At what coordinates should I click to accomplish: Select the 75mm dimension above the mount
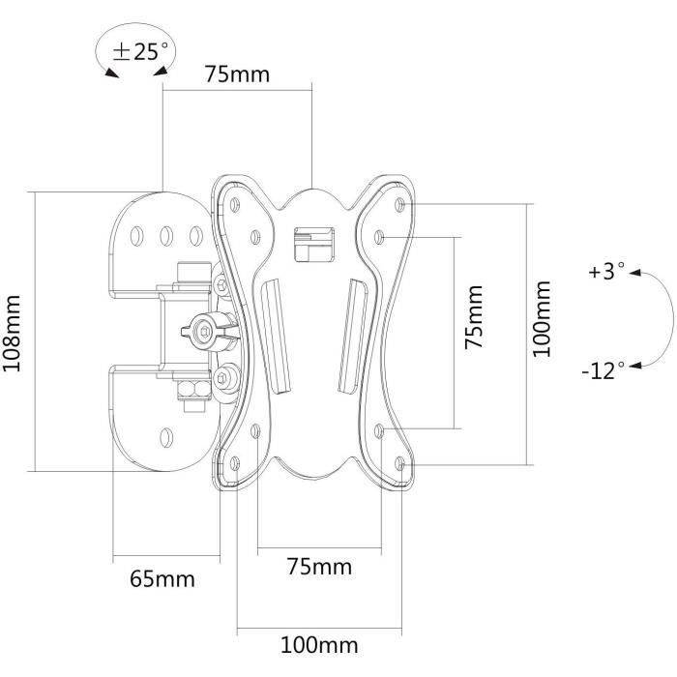(237, 74)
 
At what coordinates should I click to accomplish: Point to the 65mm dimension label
(162, 579)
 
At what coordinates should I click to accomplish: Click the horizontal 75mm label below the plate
(319, 566)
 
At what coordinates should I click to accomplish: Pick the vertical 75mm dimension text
(473, 316)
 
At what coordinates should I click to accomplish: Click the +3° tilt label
(606, 273)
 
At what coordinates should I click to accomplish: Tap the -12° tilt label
(603, 370)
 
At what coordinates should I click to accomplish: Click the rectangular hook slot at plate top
(312, 243)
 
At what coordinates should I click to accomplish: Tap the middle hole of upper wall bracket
(165, 235)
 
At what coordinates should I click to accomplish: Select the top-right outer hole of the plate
(400, 204)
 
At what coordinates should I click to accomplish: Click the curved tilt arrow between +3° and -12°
(660, 319)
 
